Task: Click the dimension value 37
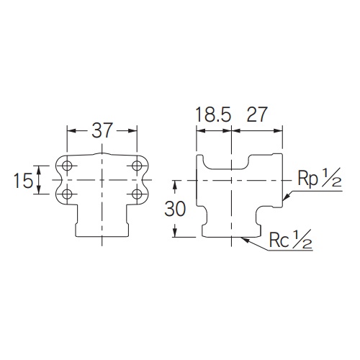coord(102,131)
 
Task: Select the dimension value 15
coord(24,180)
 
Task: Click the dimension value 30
coord(175,209)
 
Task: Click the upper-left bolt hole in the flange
coord(68,166)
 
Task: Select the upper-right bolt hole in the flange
coord(137,166)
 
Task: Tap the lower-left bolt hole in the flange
coord(68,193)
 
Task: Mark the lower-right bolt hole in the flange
coord(137,193)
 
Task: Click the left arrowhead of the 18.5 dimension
coord(200,131)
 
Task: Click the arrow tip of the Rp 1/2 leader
coord(284,199)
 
